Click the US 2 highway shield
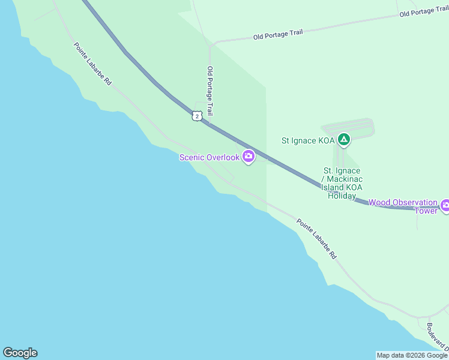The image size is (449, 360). [197, 116]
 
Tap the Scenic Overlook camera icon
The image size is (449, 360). [249, 157]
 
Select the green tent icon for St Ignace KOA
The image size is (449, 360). [343, 140]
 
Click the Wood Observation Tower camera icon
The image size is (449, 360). [445, 206]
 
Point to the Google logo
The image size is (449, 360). [20, 353]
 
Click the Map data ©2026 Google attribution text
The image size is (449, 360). [412, 355]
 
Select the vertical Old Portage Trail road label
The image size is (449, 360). [210, 91]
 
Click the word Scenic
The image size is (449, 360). [192, 157]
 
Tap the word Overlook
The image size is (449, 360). [223, 157]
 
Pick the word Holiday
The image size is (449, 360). [342, 196]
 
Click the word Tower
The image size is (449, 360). [426, 211]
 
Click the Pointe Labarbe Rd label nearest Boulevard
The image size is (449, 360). [316, 239]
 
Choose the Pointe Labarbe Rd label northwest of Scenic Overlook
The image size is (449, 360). [92, 64]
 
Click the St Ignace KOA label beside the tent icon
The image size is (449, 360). [308, 140]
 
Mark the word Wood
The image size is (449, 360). [379, 202]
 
